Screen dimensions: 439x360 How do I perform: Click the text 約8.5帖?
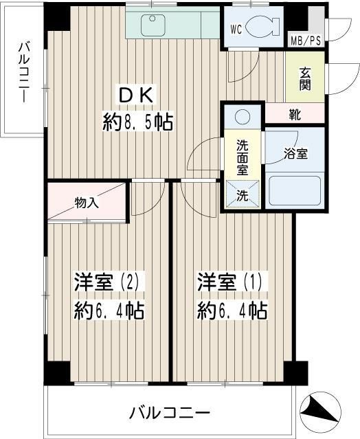click(x=137, y=122)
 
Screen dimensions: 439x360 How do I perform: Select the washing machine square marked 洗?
click(x=243, y=193)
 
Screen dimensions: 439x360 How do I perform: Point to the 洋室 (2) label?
click(x=107, y=282)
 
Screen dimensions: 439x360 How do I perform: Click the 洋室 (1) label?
click(x=232, y=282)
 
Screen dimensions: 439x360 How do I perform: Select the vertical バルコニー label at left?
click(x=23, y=72)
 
